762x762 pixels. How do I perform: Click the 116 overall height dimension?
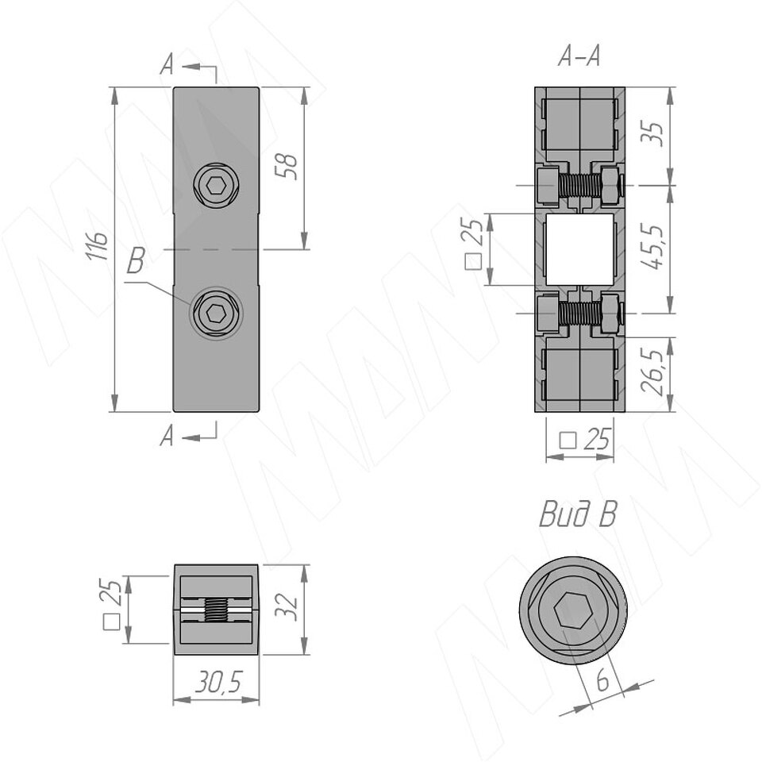(98, 246)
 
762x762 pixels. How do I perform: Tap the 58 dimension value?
(287, 166)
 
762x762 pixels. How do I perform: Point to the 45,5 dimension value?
(652, 248)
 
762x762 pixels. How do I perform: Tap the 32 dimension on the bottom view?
(286, 605)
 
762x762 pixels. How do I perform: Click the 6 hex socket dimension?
(602, 680)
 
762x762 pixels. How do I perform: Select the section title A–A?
(579, 56)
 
